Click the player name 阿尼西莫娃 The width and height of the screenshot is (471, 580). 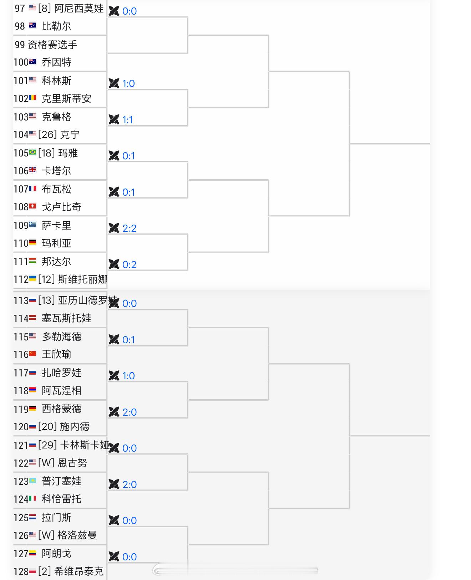tap(79, 9)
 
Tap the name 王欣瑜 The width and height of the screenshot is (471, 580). tap(56, 354)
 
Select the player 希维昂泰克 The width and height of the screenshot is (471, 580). tap(79, 571)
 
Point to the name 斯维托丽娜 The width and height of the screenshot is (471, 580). tap(82, 279)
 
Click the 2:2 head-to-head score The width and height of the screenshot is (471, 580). tap(129, 228)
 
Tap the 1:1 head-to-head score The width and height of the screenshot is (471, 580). tap(128, 120)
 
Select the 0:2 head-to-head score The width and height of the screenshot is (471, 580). tap(129, 265)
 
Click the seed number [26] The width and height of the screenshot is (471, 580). tap(47, 134)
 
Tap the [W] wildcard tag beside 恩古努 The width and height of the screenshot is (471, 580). tap(46, 463)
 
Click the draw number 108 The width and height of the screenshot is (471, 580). tap(21, 207)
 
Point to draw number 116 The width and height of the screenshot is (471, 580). tap(21, 355)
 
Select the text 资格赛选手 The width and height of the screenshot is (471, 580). tap(52, 45)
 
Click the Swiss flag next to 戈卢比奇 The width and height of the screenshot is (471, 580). tap(32, 206)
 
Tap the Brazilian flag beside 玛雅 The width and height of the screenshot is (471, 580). tap(32, 152)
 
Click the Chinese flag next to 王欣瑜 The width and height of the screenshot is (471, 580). tap(32, 354)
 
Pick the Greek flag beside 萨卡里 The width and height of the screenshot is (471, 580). tap(32, 225)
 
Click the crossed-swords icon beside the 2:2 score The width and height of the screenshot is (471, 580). tap(114, 228)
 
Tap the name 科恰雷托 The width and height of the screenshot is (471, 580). tap(62, 499)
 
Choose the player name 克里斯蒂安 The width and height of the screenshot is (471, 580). tap(66, 99)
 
